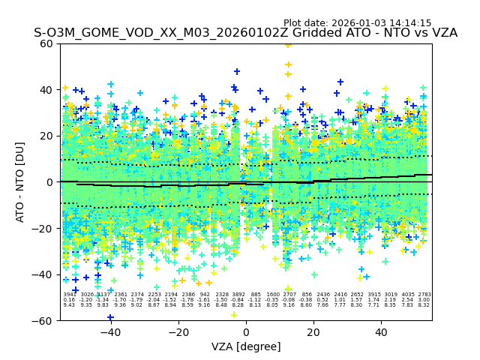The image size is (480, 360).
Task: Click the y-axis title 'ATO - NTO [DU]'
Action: (20, 181)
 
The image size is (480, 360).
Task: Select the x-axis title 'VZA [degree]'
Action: (246, 346)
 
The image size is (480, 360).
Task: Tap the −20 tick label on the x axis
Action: (178, 332)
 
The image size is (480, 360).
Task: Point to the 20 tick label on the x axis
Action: (313, 332)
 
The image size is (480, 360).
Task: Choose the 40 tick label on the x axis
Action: (381, 332)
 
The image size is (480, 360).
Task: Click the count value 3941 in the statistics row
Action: (69, 295)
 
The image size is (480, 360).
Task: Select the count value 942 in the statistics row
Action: (205, 295)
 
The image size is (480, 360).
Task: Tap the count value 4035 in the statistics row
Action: (407, 295)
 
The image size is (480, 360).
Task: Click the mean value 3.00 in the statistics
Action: (424, 300)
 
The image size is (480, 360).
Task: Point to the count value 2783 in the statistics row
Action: (424, 295)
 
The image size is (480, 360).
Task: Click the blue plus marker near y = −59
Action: (110, 317)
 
